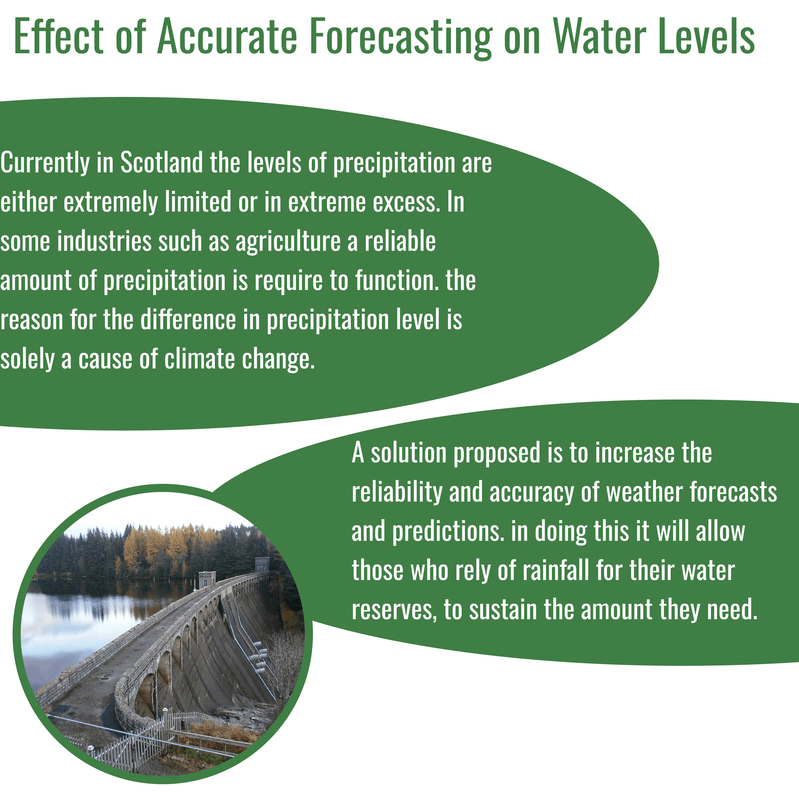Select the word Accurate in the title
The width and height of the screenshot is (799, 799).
click(x=227, y=37)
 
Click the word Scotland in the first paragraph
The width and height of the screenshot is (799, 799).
click(x=161, y=162)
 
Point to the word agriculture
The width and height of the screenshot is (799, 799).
click(x=288, y=242)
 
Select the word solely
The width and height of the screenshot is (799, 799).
click(x=27, y=360)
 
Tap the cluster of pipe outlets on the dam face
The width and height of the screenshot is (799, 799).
click(x=260, y=657)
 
